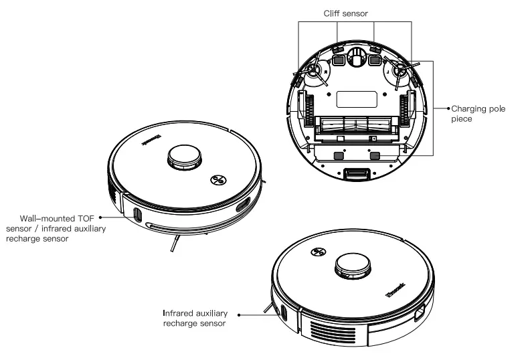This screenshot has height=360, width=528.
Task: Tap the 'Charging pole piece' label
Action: [477, 113]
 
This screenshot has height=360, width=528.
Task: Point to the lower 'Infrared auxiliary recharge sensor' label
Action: [195, 318]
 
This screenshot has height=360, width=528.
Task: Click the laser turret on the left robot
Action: [183, 158]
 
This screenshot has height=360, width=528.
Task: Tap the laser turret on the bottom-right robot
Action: [352, 266]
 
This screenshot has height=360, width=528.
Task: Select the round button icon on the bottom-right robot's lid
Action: [318, 252]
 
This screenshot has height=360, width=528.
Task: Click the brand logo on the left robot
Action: [149, 139]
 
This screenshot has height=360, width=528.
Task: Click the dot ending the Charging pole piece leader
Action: [448, 108]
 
